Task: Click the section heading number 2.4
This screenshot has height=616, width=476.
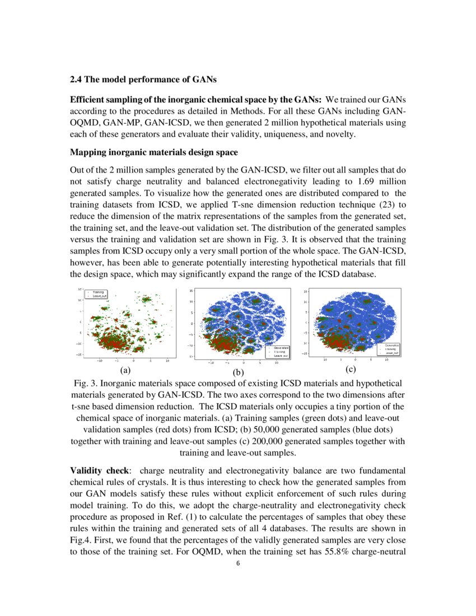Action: coord(76,78)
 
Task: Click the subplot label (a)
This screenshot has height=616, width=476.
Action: coord(125,370)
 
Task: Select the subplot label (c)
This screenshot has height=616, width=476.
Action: coord(351,369)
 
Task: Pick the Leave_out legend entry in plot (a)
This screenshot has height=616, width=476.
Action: coord(99,296)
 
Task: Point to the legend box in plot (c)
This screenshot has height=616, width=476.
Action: coord(388,349)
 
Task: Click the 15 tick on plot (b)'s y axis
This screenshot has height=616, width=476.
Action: coord(191,291)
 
